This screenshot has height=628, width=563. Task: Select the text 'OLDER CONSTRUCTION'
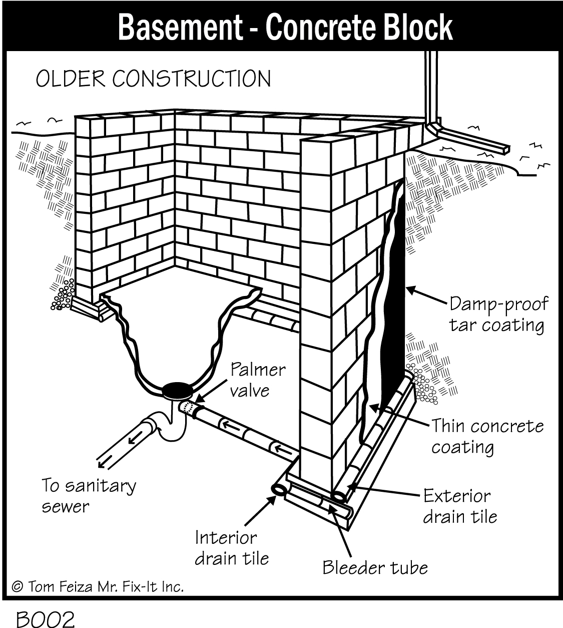tap(153, 79)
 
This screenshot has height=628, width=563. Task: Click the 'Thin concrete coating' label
tap(487, 436)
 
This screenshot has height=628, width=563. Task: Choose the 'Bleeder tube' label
tap(375, 567)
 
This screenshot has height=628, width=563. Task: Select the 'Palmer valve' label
tap(257, 380)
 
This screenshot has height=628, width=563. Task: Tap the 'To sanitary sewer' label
tap(89, 496)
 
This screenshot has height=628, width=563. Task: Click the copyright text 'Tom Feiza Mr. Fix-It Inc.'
tap(98, 586)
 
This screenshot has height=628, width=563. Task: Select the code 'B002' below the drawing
tap(45, 619)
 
